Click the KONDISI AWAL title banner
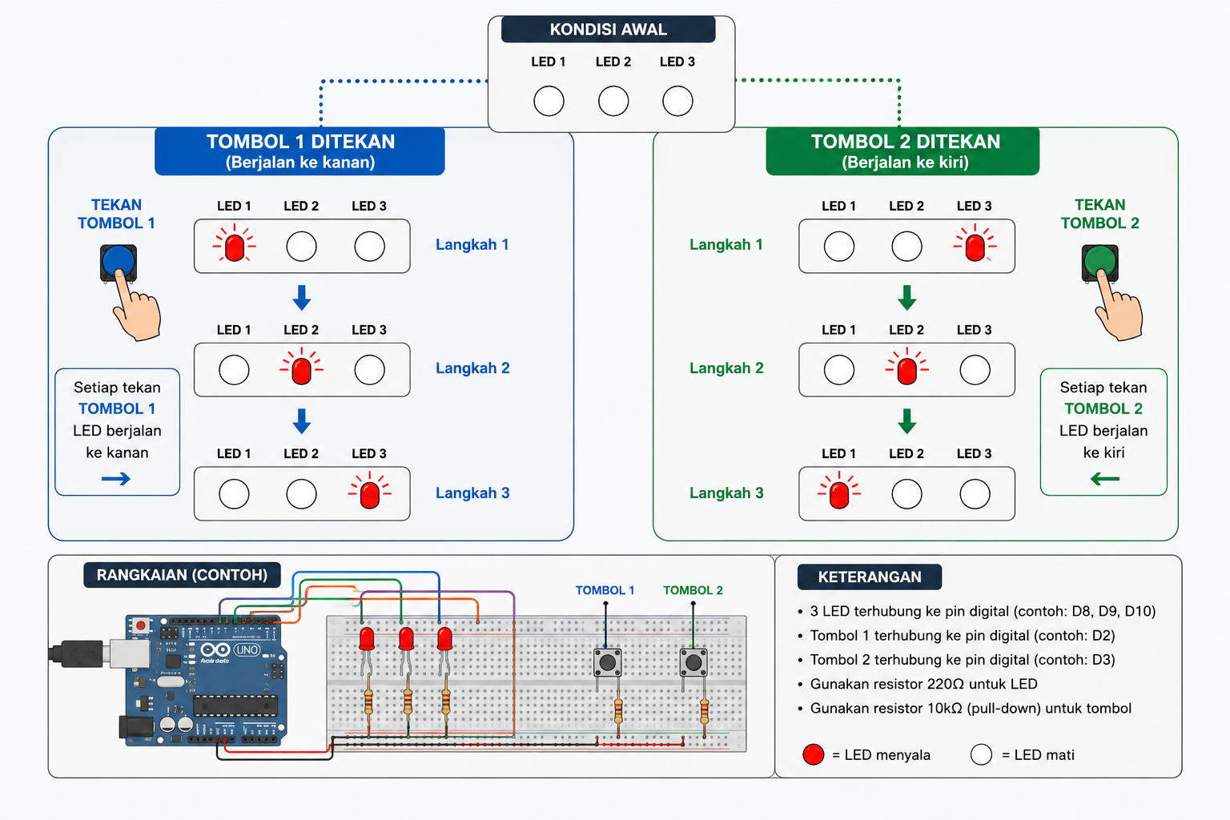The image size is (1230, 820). [x=609, y=29]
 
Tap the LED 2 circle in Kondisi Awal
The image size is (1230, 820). [x=613, y=101]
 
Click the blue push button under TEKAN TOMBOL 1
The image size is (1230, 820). [x=119, y=263]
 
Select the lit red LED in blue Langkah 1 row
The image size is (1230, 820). [x=235, y=247]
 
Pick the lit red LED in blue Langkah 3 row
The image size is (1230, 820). [x=369, y=494]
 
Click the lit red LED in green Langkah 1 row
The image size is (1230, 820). [x=975, y=247]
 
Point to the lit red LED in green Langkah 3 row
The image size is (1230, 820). [x=839, y=494]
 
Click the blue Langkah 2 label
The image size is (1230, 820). [x=472, y=368]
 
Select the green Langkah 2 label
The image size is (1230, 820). [x=726, y=368]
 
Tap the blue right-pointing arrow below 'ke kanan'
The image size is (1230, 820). [x=116, y=479]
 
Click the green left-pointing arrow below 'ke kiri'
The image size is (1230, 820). [x=1105, y=479]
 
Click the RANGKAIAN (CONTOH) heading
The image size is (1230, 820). [x=183, y=575]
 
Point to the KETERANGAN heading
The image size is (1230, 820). [x=870, y=577]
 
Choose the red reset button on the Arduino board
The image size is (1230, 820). [x=141, y=625]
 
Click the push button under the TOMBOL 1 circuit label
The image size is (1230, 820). [x=607, y=662]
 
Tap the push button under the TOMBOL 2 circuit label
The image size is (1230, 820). [x=693, y=662]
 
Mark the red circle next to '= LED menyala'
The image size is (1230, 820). [x=814, y=754]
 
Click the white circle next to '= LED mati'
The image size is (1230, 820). [x=981, y=754]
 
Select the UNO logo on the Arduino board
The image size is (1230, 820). [x=247, y=649]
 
